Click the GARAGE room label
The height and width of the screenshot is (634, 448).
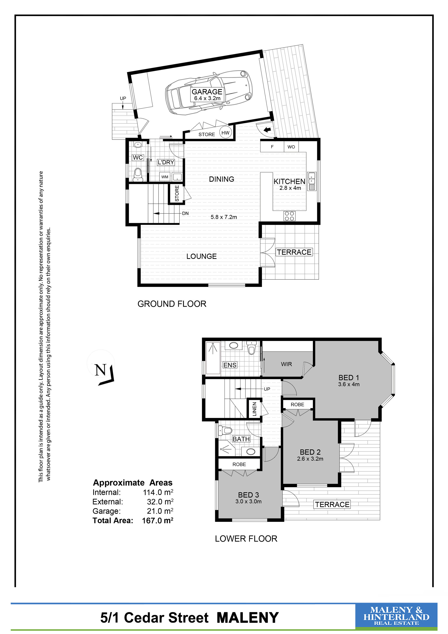(207, 92)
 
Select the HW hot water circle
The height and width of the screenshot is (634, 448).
(225, 133)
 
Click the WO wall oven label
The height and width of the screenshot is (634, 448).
(291, 147)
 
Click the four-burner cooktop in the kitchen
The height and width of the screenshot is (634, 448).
(289, 216)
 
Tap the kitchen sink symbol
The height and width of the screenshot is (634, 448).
(312, 181)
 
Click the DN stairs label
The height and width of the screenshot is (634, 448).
(185, 213)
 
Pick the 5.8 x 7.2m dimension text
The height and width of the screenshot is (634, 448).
(224, 217)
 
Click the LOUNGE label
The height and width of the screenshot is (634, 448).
(201, 256)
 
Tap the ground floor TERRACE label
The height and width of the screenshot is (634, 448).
(294, 252)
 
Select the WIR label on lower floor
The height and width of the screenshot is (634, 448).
(286, 364)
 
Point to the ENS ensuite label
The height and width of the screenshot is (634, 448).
(230, 365)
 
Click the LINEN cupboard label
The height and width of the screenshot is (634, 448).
(254, 409)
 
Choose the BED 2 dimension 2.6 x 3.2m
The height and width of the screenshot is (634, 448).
(310, 459)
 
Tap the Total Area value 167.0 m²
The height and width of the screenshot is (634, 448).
(157, 521)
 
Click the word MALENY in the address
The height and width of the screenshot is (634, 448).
(248, 618)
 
